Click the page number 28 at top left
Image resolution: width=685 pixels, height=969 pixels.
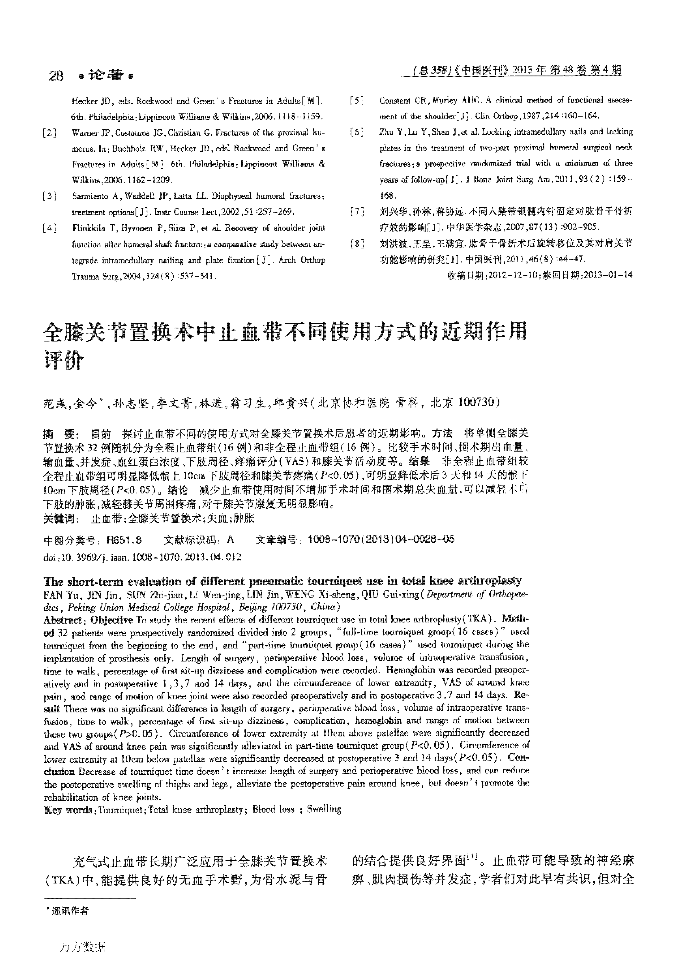[56, 76]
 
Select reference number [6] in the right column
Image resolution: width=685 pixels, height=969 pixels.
[357, 132]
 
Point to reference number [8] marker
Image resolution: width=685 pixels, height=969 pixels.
[357, 244]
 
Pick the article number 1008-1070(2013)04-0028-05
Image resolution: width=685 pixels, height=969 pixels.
[381, 539]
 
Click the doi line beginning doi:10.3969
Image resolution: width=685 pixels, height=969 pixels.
[143, 557]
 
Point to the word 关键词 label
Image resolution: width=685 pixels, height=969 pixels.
[61, 518]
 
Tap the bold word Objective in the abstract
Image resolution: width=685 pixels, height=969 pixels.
[111, 620]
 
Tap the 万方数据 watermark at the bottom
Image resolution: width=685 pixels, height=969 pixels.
[82, 947]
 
